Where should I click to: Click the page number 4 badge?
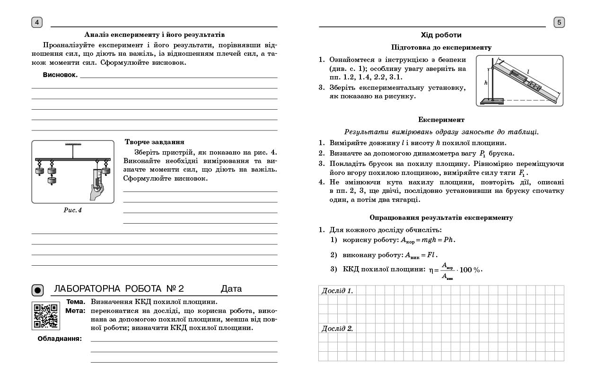click(x=37, y=22)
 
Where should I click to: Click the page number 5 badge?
click(x=559, y=22)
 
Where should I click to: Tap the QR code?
click(x=46, y=315)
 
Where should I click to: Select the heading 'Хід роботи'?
click(x=441, y=35)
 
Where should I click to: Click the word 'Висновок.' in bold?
click(x=60, y=75)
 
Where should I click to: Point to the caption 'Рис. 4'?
click(x=73, y=210)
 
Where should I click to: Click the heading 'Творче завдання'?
click(x=155, y=142)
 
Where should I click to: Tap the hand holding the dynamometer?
click(x=96, y=191)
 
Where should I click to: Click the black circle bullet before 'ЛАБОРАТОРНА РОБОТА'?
click(x=38, y=290)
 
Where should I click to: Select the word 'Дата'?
click(x=231, y=289)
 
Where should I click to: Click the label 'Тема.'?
click(x=76, y=302)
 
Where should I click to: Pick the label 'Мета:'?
click(x=75, y=311)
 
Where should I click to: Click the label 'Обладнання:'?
click(x=60, y=339)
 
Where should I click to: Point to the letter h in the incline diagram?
click(x=485, y=82)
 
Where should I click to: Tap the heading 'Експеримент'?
click(x=441, y=120)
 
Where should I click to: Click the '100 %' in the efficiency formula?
click(x=470, y=270)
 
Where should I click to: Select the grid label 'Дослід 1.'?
click(x=337, y=291)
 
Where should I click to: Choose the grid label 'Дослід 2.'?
click(x=337, y=329)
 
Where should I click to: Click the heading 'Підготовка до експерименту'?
click(x=441, y=47)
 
